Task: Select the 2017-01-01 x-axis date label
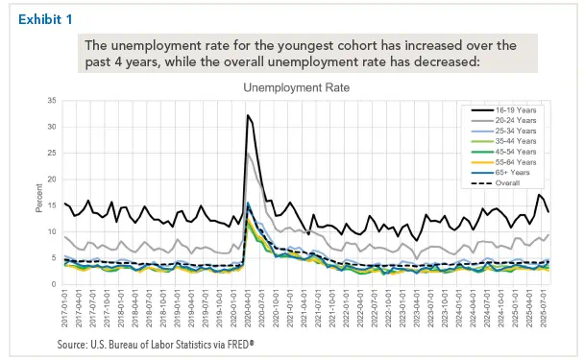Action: pyautogui.click(x=65, y=310)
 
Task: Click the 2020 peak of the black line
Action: pyautogui.click(x=248, y=116)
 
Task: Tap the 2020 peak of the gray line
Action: pyautogui.click(x=249, y=154)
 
